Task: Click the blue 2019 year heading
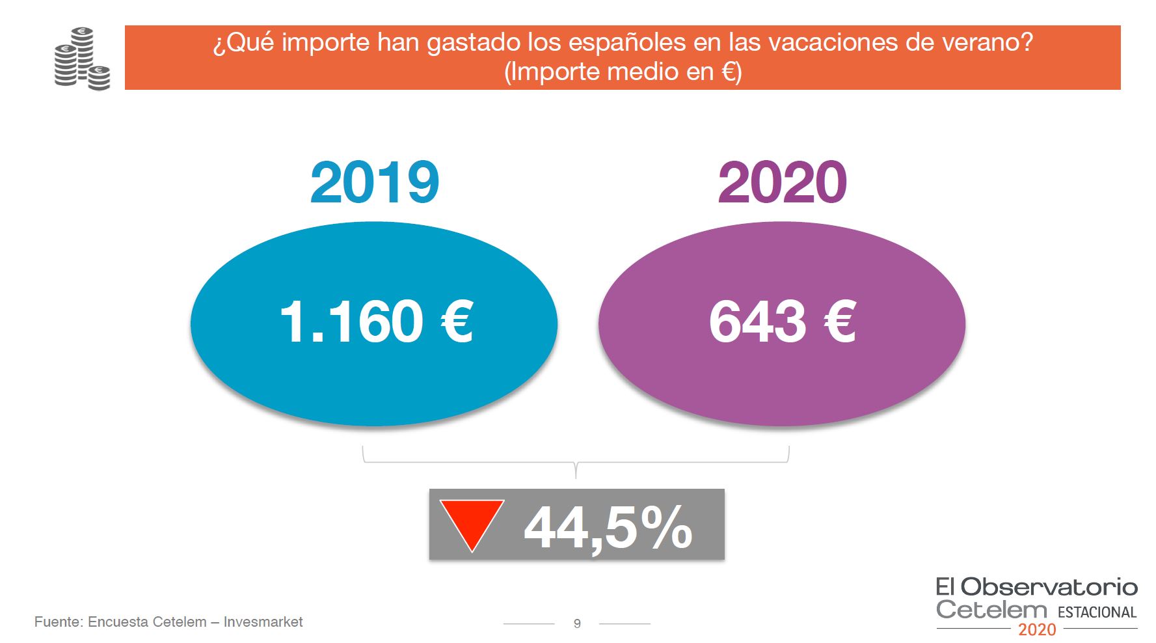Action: [x=375, y=183]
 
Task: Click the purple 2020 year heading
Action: [x=783, y=183]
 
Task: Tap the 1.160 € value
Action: [x=376, y=321]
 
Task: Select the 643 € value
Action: [x=782, y=321]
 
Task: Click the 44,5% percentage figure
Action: [x=608, y=527]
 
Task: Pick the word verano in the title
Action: [x=982, y=43]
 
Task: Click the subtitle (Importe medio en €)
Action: [x=623, y=72]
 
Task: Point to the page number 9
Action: [x=577, y=623]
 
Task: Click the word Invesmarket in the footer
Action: [x=263, y=622]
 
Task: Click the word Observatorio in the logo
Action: [x=1049, y=587]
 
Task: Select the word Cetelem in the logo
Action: [x=991, y=610]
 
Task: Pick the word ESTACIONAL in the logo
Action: [x=1097, y=612]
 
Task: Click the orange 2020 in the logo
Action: [x=1037, y=630]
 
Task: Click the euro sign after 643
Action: [x=840, y=321]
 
